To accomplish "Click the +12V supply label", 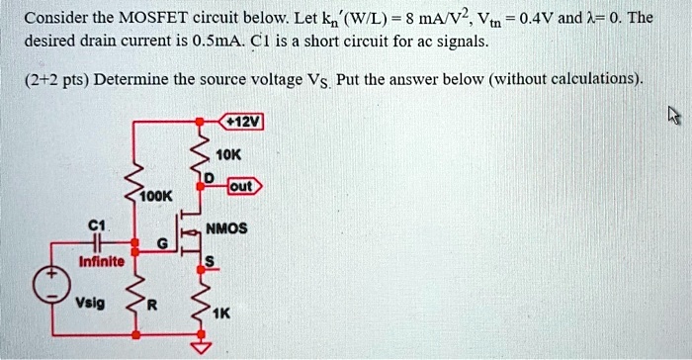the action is [x=242, y=122].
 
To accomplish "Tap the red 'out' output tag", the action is [x=244, y=186].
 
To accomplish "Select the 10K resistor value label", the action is [x=228, y=155].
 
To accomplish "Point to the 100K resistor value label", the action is [x=156, y=196].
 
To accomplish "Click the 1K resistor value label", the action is [x=220, y=314].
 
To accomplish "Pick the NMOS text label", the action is [x=226, y=228].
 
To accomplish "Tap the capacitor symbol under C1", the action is [x=98, y=242].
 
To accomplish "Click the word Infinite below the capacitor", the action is [x=102, y=261].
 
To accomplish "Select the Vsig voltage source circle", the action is [x=52, y=285].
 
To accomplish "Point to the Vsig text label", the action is [x=90, y=303].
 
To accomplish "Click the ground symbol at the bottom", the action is [x=201, y=348].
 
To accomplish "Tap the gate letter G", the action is [x=163, y=243].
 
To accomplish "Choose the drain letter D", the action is [x=209, y=178].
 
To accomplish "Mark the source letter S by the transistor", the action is [x=210, y=261].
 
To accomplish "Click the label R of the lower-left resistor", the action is [x=152, y=305].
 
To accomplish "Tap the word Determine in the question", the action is [x=130, y=79].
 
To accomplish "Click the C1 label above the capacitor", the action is [x=97, y=226].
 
